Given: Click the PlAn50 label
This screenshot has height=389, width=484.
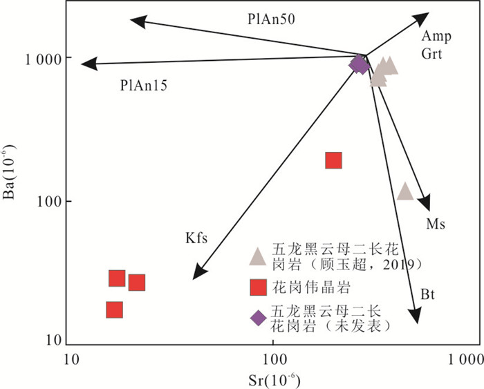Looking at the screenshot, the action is [271, 19].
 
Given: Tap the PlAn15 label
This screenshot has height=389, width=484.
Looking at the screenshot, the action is [144, 85].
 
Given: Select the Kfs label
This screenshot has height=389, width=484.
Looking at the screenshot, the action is [196, 238].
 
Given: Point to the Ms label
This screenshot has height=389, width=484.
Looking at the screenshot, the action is [436, 224].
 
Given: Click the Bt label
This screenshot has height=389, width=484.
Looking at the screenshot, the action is [427, 294].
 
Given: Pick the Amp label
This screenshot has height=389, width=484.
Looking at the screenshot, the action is [436, 37].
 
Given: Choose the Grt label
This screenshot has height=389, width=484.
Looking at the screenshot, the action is [431, 54].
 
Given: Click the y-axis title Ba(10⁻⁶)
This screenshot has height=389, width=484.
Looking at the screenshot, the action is [9, 171].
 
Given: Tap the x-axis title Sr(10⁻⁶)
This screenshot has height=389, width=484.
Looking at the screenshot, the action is [274, 381].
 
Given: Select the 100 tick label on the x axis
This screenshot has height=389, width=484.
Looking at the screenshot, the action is [274, 359].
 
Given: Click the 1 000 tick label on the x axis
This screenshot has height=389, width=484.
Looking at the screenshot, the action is [465, 359].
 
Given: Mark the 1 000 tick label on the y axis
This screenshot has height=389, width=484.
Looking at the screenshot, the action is [44, 59].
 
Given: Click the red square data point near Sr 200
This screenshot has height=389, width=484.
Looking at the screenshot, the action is [334, 160].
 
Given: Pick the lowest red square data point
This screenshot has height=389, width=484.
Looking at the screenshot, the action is [115, 310].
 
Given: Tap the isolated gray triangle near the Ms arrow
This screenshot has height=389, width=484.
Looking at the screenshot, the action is [405, 191].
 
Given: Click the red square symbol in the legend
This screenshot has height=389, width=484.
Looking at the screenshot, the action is [259, 287].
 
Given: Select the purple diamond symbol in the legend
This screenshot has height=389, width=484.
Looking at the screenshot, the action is [259, 318].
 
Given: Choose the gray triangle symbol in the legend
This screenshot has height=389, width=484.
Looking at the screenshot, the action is [258, 256].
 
